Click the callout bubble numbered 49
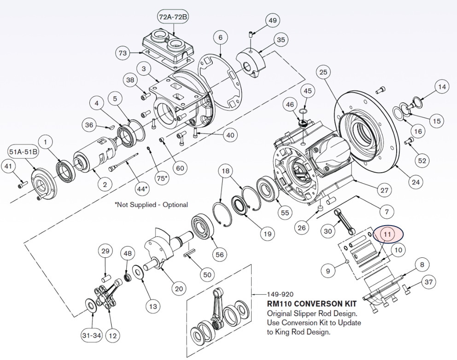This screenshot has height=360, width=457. pyautogui.click(x=273, y=21)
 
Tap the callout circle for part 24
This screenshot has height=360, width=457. pyautogui.click(x=416, y=182)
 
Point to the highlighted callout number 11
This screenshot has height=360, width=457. pyautogui.click(x=387, y=234)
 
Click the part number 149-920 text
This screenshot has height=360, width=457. pyautogui.click(x=281, y=294)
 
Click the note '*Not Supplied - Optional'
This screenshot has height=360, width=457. pyautogui.click(x=151, y=204)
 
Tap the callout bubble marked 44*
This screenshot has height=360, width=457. pyautogui.click(x=142, y=188)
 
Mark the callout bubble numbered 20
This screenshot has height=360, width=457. pyautogui.click(x=178, y=289)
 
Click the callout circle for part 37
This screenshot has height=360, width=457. pyautogui.click(x=429, y=281)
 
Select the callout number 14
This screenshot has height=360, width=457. pyautogui.click(x=442, y=87)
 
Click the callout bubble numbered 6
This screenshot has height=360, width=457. pyautogui.click(x=220, y=37)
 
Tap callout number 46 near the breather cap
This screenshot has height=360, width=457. pyautogui.click(x=290, y=105)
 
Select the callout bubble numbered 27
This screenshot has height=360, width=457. pyautogui.click(x=384, y=190)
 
